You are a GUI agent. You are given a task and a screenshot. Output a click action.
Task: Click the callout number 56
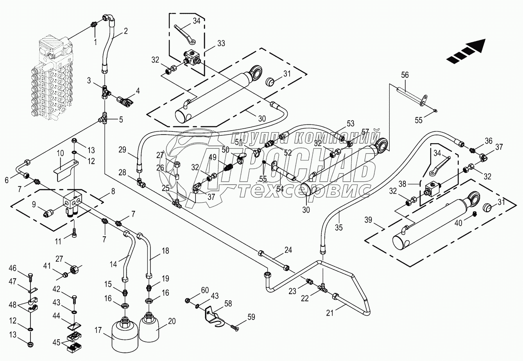405,75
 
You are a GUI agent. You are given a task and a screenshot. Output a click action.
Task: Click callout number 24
288,250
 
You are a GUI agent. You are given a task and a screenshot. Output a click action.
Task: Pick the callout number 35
339,227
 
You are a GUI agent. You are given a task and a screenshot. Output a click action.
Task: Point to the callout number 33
221,43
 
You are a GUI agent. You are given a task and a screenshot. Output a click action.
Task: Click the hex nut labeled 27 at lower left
75,270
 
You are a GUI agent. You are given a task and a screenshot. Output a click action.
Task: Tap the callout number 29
123,149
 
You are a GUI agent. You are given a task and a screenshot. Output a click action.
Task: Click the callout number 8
113,192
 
